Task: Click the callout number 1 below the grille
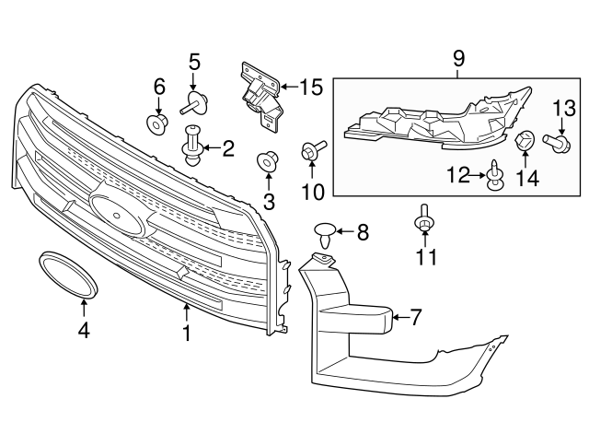coord(187,332)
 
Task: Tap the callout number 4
coord(84,328)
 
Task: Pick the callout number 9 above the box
coord(458,60)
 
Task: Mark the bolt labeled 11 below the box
coord(424,220)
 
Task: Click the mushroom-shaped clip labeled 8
coord(324,233)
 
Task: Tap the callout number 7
coord(415,318)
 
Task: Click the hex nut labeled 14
coord(526,143)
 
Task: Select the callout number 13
coord(563,108)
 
